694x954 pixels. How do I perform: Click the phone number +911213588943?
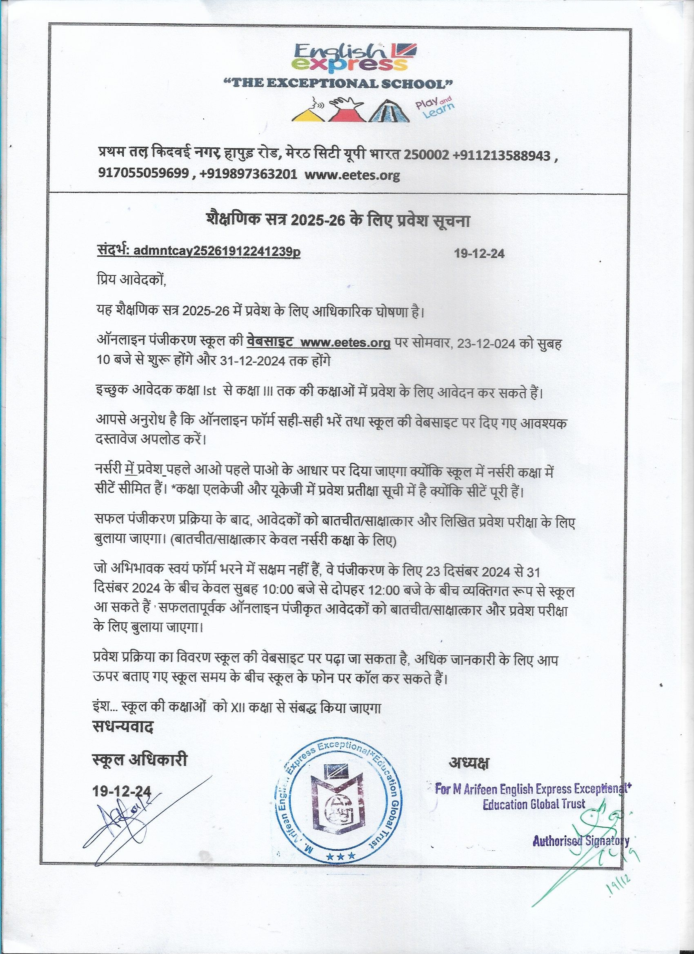502,156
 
